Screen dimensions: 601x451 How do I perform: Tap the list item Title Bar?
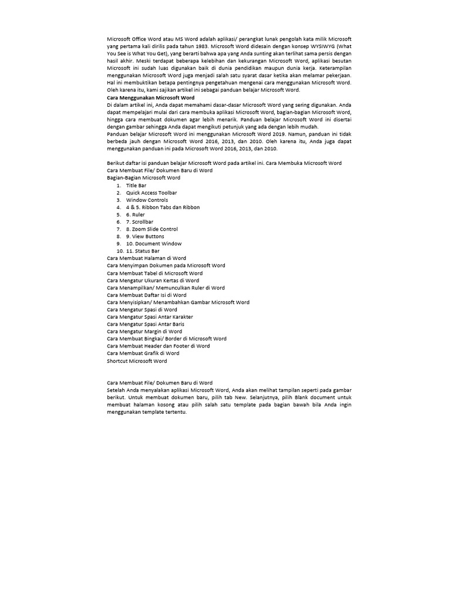coord(136,185)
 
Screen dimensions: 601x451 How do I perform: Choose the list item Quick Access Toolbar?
coord(151,193)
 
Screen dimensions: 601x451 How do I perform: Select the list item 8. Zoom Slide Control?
coord(152,229)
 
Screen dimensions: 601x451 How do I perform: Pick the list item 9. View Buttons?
coord(145,237)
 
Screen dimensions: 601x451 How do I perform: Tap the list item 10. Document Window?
coord(153,244)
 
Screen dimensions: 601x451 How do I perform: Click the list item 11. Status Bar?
coord(143,251)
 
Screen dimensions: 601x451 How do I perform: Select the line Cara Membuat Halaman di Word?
coord(146,258)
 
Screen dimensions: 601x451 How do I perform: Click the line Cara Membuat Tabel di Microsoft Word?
coord(154,273)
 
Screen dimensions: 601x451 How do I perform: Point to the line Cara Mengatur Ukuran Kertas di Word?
coord(153,281)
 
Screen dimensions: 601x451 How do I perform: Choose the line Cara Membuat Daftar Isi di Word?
coord(146,295)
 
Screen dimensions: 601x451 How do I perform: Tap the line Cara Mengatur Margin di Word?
coord(144,332)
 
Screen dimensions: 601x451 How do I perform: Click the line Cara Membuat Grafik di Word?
coord(143,353)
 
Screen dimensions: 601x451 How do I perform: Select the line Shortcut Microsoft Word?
coord(137,361)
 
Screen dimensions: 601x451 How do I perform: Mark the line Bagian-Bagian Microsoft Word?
coord(143,177)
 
